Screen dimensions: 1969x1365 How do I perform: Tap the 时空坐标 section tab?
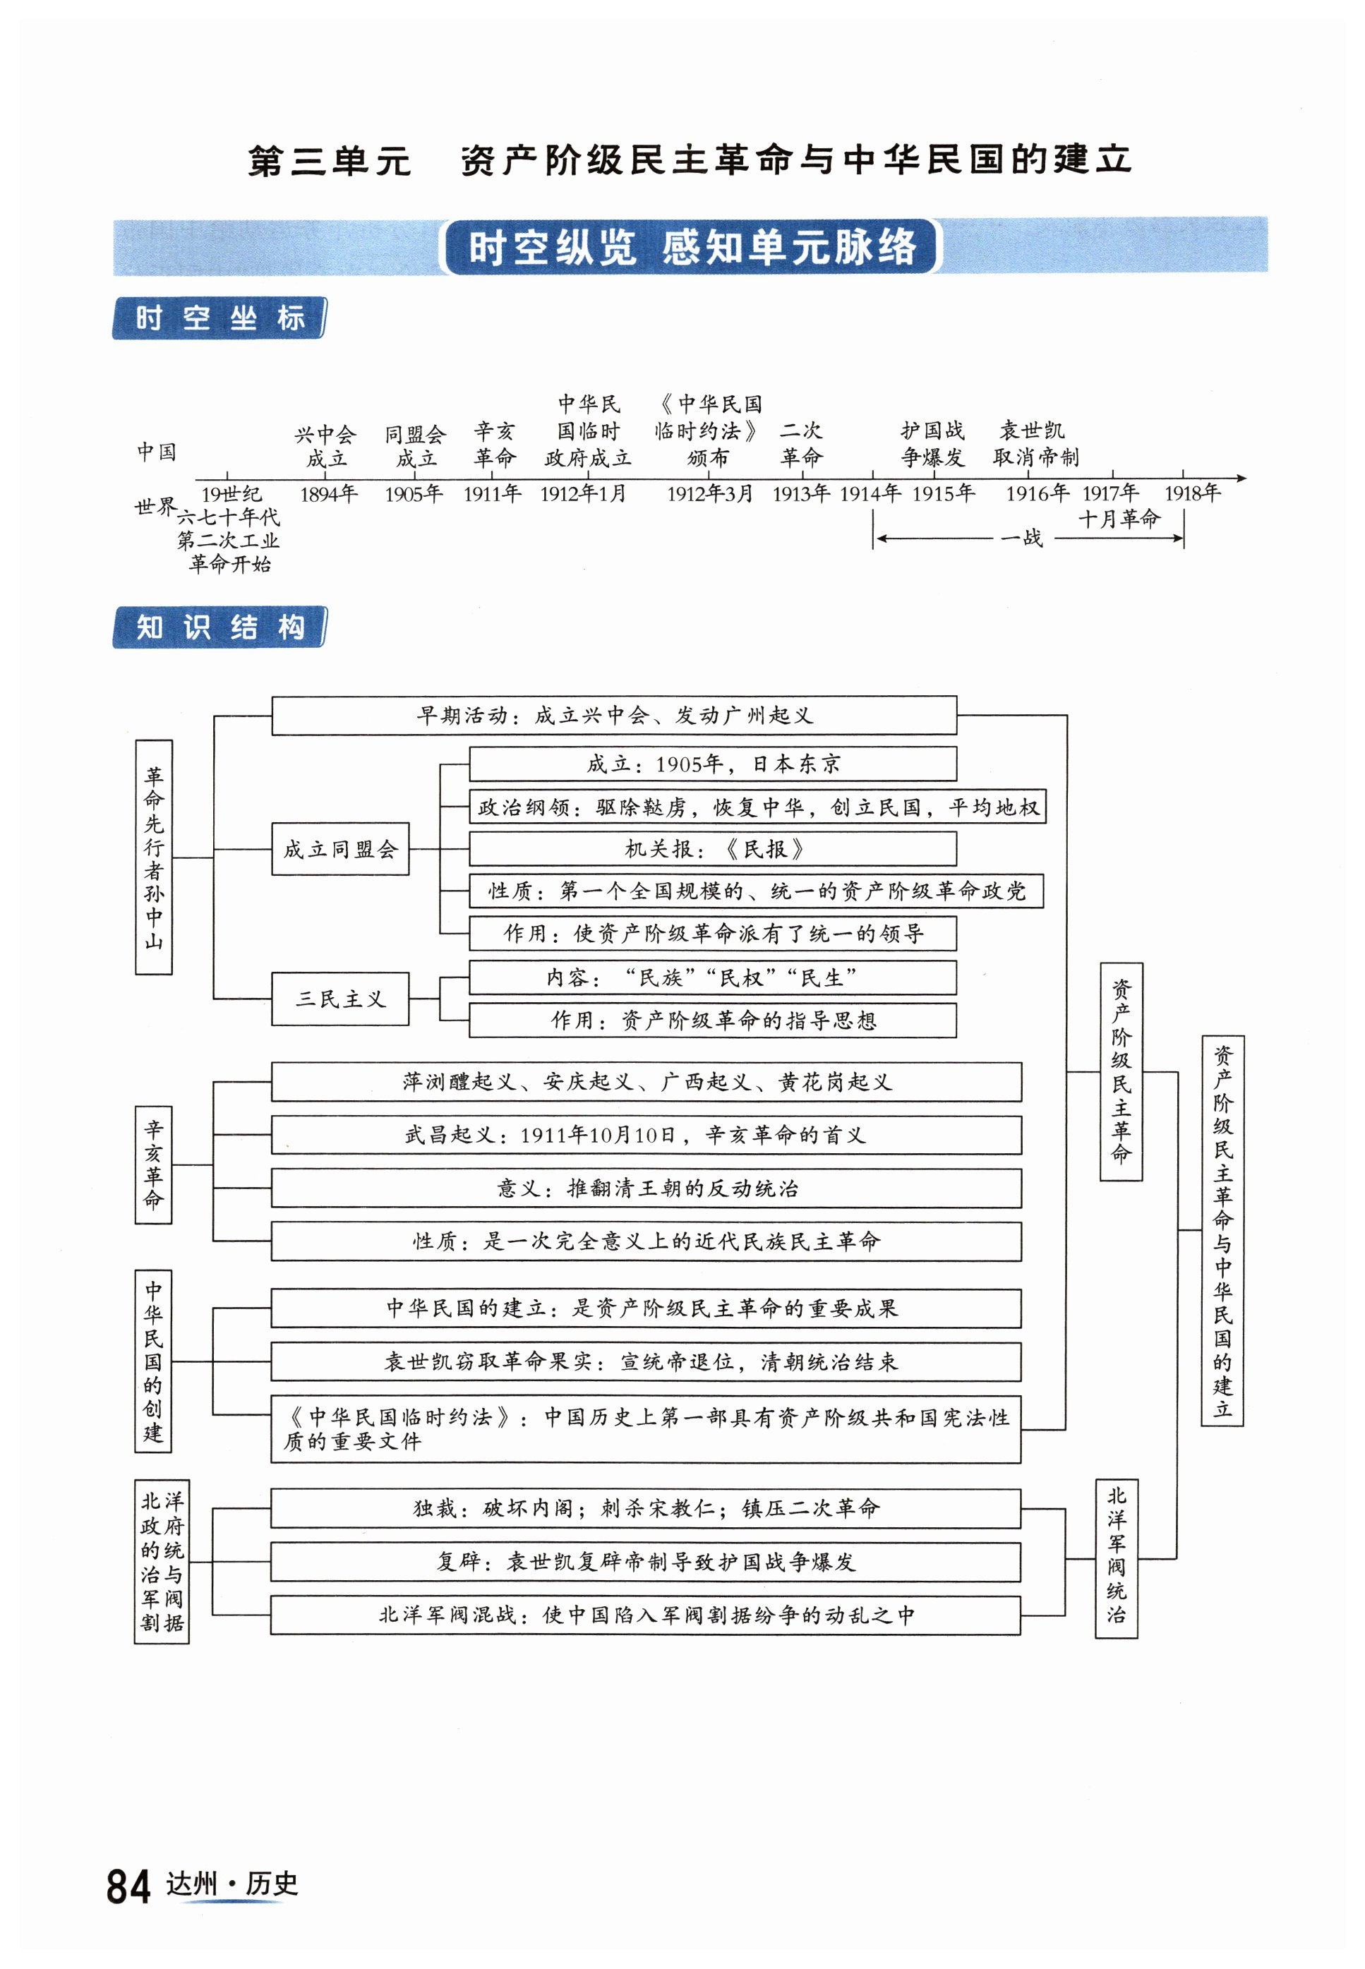pos(219,318)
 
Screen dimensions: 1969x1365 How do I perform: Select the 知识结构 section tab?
pos(219,627)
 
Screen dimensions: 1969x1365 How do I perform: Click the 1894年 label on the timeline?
pos(328,493)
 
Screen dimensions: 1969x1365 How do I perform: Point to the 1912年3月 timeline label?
pos(710,493)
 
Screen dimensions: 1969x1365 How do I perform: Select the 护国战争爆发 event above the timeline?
pos(932,444)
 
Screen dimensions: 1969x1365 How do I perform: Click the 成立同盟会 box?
pos(340,849)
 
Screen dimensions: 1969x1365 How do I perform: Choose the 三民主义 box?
pos(340,999)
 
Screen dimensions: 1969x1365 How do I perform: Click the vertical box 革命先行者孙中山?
pos(154,857)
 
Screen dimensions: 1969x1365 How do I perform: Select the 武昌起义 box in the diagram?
pos(646,1135)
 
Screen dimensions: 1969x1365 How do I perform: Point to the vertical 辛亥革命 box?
pos(153,1164)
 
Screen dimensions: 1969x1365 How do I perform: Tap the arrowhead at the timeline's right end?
pos(1242,478)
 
